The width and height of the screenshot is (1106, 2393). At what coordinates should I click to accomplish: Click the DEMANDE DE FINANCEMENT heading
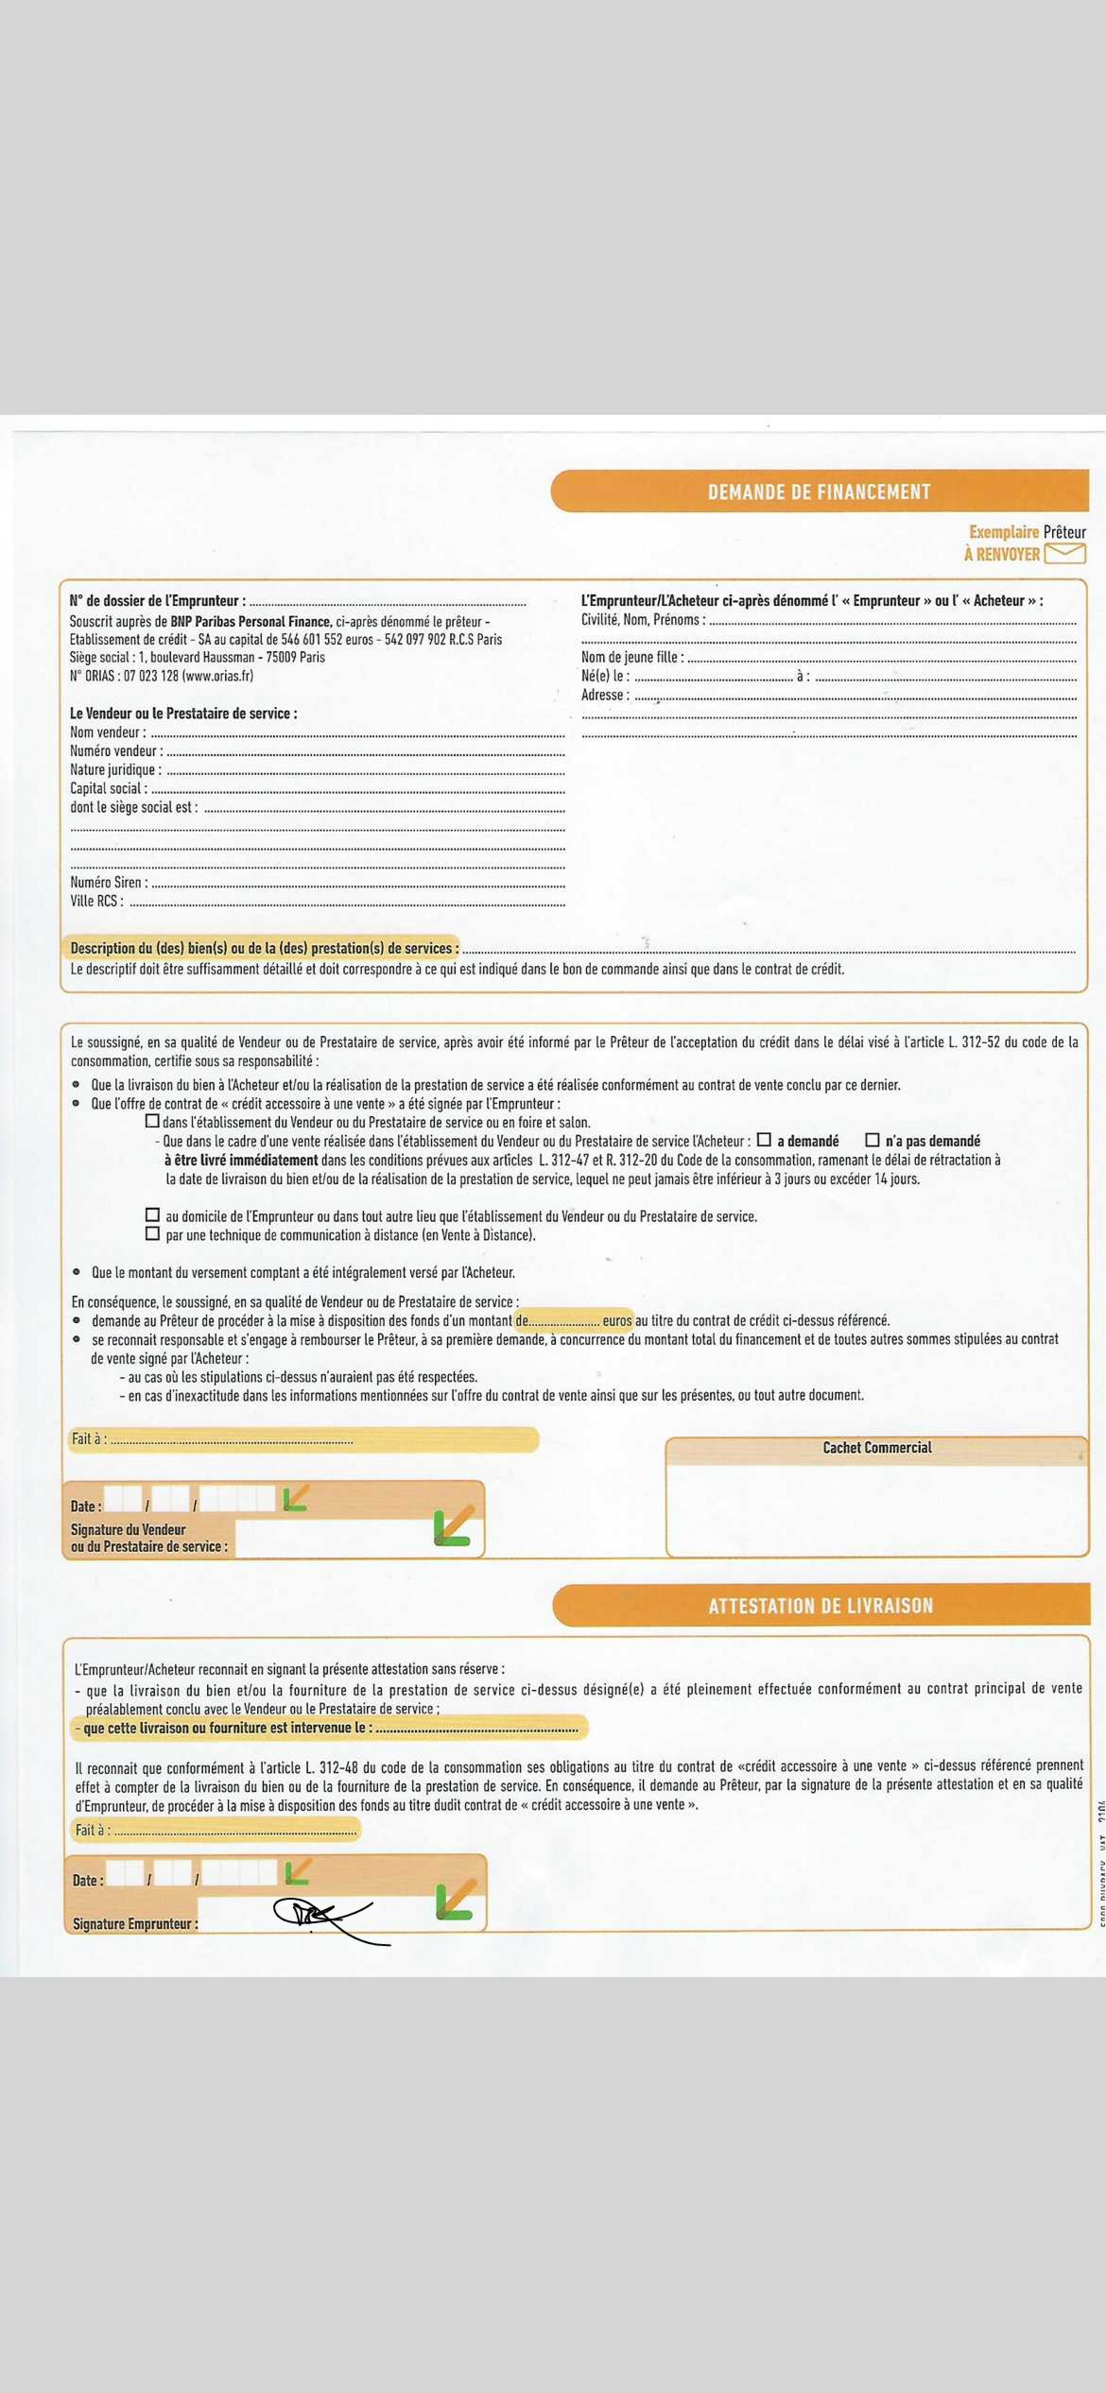point(819,492)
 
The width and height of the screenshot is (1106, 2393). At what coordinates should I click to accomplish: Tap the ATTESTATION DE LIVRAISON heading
point(820,1605)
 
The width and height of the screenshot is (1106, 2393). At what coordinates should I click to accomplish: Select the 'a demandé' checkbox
point(764,1140)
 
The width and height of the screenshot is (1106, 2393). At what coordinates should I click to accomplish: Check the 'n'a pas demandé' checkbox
point(872,1140)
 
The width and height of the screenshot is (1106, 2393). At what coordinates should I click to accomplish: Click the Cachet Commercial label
point(877,1448)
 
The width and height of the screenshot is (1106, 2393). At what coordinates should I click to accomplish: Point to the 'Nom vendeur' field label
point(107,732)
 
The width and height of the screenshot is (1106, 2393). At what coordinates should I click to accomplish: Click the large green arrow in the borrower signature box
point(456,1901)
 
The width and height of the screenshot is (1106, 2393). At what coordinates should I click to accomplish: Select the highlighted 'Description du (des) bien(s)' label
point(264,948)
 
